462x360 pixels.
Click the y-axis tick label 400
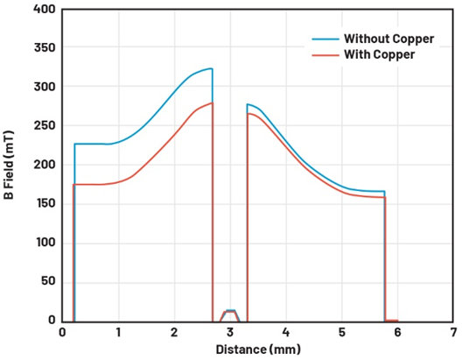45,9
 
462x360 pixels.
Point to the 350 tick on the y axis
45,47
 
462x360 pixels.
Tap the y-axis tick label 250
45,125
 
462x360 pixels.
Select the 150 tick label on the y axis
45,203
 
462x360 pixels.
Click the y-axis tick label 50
48,281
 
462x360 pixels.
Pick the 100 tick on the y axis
45,243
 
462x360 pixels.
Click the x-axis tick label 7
453,333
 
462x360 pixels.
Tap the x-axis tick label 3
230,333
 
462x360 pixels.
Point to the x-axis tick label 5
342,333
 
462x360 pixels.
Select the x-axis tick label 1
118,333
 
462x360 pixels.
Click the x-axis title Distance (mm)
258,349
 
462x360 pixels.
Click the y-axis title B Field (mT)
9,166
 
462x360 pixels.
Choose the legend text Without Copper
388,39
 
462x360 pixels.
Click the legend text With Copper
380,54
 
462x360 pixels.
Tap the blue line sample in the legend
325,39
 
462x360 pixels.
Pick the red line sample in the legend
325,55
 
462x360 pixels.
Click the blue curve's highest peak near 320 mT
211,68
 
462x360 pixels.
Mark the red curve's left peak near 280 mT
212,102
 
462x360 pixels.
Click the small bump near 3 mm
230,311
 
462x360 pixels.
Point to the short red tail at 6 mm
392,321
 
